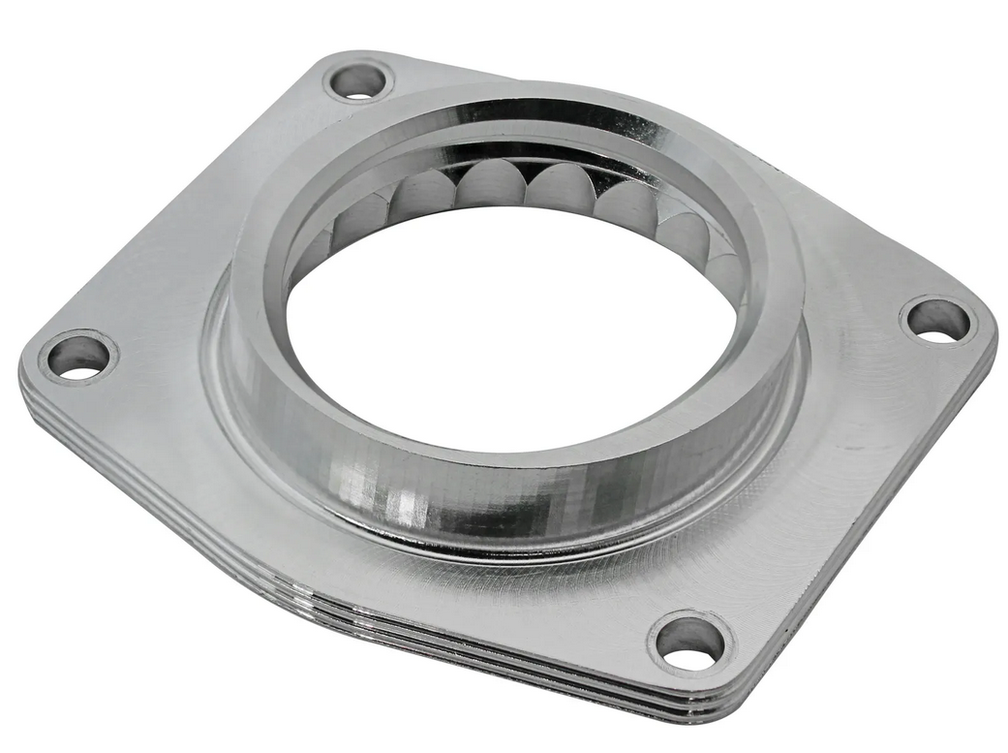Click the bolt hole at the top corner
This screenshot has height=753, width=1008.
357,81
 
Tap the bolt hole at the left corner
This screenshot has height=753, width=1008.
77,357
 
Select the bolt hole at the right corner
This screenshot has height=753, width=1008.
937,320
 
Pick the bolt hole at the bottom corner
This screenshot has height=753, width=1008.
690,642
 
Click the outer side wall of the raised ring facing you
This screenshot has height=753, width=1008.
484,494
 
